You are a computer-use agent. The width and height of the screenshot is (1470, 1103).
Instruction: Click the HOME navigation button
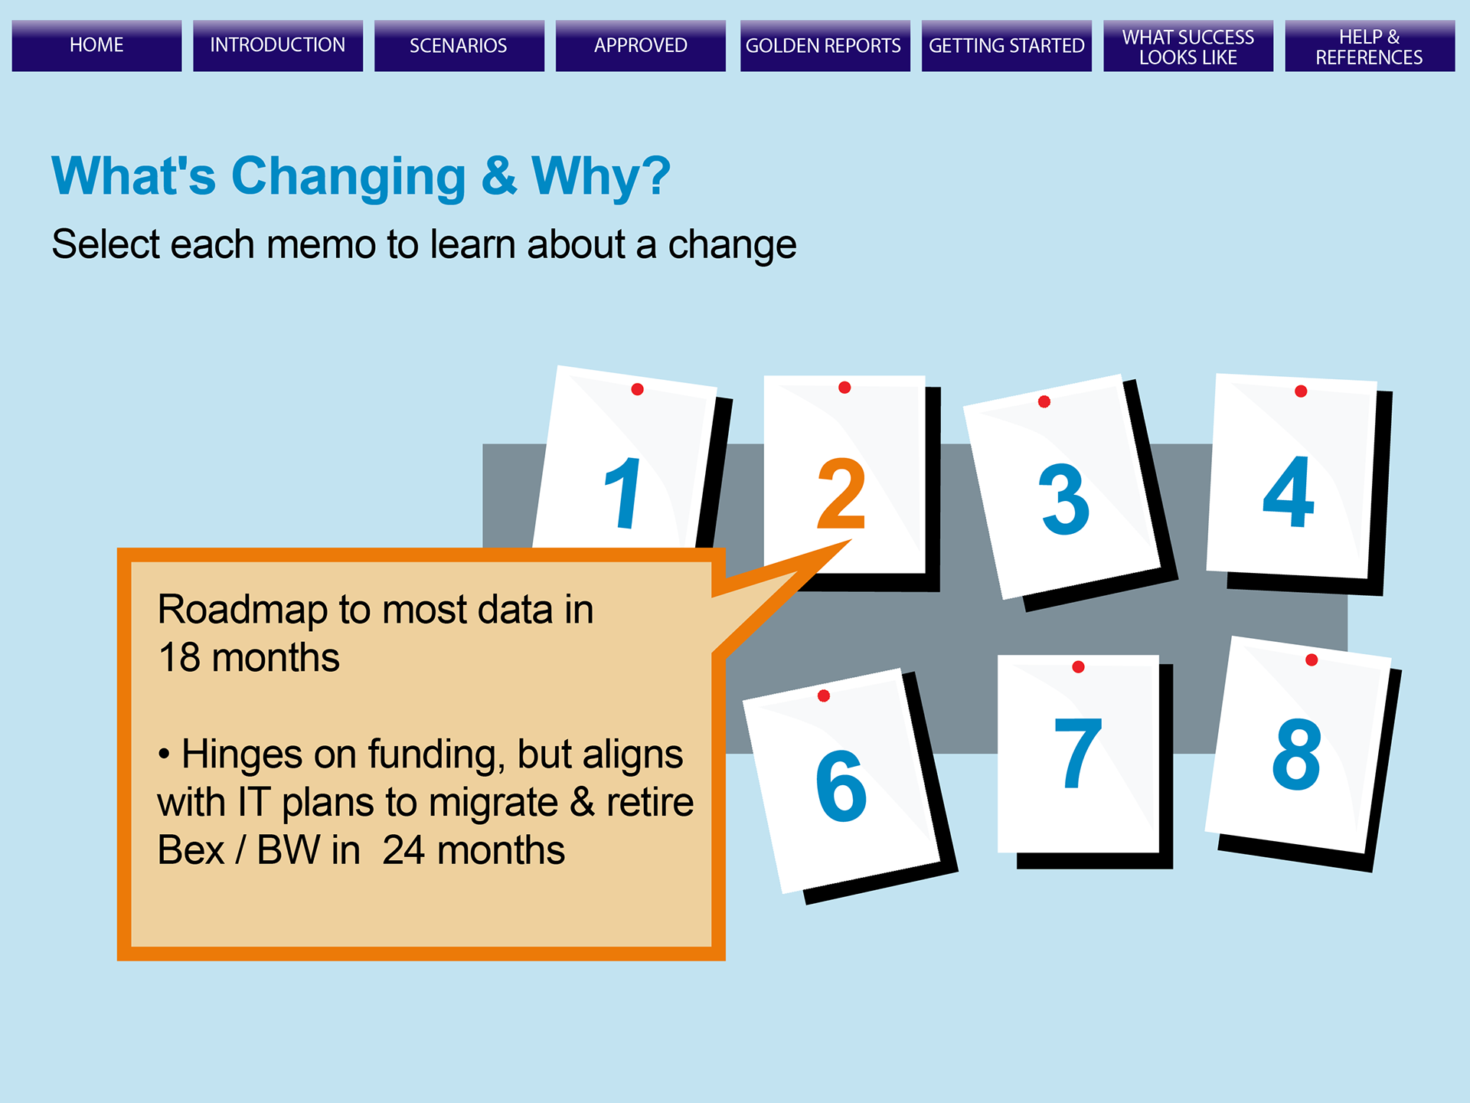coord(96,45)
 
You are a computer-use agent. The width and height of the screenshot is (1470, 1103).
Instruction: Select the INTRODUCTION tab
coord(278,45)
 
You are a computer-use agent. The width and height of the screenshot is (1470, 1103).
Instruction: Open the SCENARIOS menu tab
coord(459,45)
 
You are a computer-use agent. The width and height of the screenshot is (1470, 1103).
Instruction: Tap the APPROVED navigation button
coord(641,45)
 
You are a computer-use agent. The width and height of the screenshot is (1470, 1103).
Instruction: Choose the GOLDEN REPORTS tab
coord(825,45)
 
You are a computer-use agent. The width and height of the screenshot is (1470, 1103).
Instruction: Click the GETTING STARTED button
coord(1007,45)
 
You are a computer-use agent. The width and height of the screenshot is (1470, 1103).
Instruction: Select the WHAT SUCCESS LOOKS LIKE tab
coord(1188,45)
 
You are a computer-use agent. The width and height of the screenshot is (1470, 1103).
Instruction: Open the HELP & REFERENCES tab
coord(1370,45)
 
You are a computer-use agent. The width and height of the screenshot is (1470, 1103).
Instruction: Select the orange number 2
coord(841,494)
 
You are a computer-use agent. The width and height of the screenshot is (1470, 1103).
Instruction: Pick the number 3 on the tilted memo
coord(1064,499)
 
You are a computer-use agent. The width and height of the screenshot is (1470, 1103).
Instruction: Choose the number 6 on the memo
coord(841,786)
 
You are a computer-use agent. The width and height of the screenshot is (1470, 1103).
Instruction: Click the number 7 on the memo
coord(1078,753)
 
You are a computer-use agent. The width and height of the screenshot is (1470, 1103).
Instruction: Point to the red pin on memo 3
coord(1044,401)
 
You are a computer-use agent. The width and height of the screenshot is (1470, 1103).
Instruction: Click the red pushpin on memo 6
coord(824,696)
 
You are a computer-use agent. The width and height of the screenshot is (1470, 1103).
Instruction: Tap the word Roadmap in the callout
coord(243,611)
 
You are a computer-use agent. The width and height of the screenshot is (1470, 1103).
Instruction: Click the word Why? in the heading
coord(601,176)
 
